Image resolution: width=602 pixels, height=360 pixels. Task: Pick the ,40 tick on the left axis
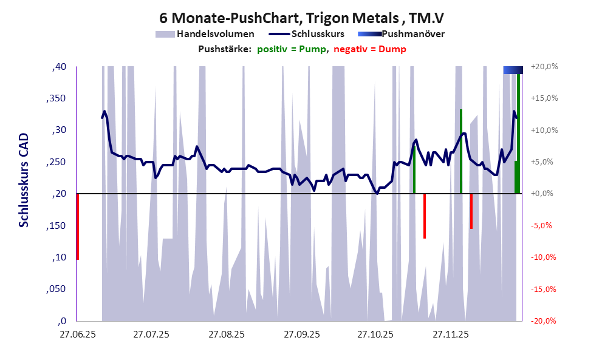point(59,67)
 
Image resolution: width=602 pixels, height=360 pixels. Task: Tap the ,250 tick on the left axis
point(56,162)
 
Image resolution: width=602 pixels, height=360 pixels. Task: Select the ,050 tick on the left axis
point(56,290)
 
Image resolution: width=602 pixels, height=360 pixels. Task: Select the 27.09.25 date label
point(301,334)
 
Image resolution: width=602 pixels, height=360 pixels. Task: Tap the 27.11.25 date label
point(451,334)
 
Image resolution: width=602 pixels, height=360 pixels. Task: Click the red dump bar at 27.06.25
point(77,226)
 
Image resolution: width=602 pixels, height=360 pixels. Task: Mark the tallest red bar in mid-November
point(425,216)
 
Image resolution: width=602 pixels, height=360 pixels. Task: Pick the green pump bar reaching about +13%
point(461,151)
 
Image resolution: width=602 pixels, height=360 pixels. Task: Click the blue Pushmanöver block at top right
point(513,70)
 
